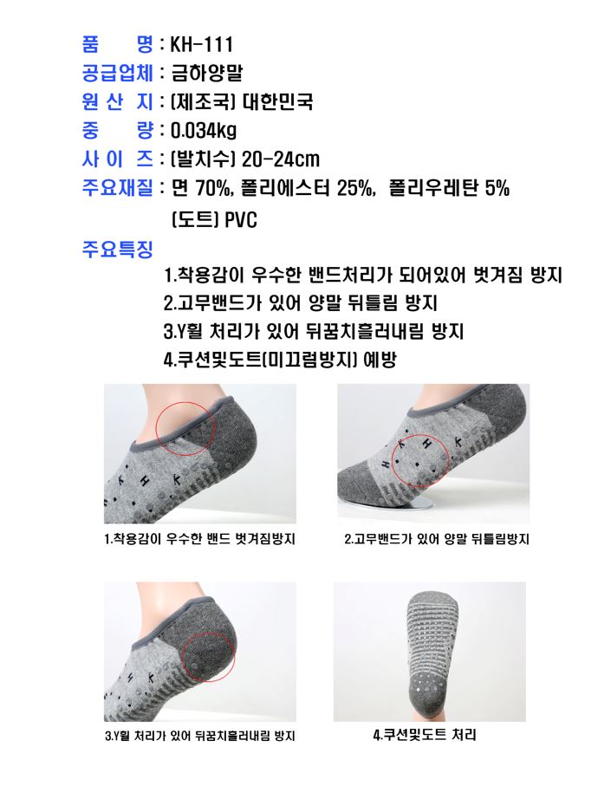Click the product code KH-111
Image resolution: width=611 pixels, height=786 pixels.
pos(201,44)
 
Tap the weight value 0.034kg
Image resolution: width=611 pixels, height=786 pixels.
pos(204,131)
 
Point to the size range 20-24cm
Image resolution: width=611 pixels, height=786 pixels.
pos(280,160)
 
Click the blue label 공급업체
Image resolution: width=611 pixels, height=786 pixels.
pos(117,73)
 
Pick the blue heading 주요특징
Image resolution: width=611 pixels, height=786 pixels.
pos(117,249)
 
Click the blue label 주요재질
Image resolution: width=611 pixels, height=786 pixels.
pos(117,188)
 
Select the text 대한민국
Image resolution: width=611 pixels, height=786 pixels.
pos(277,101)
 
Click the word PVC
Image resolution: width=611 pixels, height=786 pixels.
pos(241,220)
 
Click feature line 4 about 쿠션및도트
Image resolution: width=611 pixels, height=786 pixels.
pos(280,360)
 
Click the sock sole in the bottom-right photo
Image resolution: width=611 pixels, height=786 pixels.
pos(433,652)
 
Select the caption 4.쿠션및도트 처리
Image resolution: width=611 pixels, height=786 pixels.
pos(424,735)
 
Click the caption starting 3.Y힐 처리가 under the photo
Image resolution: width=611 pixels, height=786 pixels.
pos(199,736)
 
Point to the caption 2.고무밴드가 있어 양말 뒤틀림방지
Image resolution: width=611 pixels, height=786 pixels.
pos(437,539)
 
